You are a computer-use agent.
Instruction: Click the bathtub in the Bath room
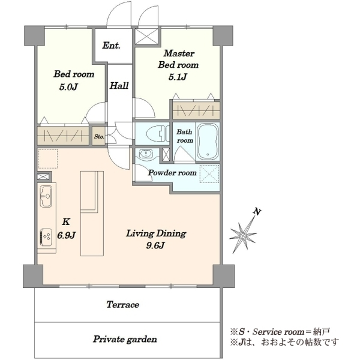click(208, 142)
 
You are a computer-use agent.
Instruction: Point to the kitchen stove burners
click(46, 237)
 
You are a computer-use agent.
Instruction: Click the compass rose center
click(242, 235)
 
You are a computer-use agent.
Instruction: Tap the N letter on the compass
click(257, 212)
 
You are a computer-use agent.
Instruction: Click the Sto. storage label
click(99, 137)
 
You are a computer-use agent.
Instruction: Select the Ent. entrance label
click(112, 45)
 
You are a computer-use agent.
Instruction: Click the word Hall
click(119, 86)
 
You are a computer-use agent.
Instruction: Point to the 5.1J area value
click(178, 77)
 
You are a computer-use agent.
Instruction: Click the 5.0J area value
click(68, 87)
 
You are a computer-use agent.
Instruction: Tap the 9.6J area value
click(155, 245)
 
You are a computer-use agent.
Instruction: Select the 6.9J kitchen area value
click(67, 235)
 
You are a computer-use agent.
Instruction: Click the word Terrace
click(123, 305)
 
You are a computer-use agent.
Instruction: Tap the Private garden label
click(125, 339)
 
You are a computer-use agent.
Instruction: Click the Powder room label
click(172, 173)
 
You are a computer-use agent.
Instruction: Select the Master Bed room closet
click(196, 110)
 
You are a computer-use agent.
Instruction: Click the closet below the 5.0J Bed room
click(63, 136)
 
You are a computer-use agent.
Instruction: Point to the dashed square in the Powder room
click(209, 174)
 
